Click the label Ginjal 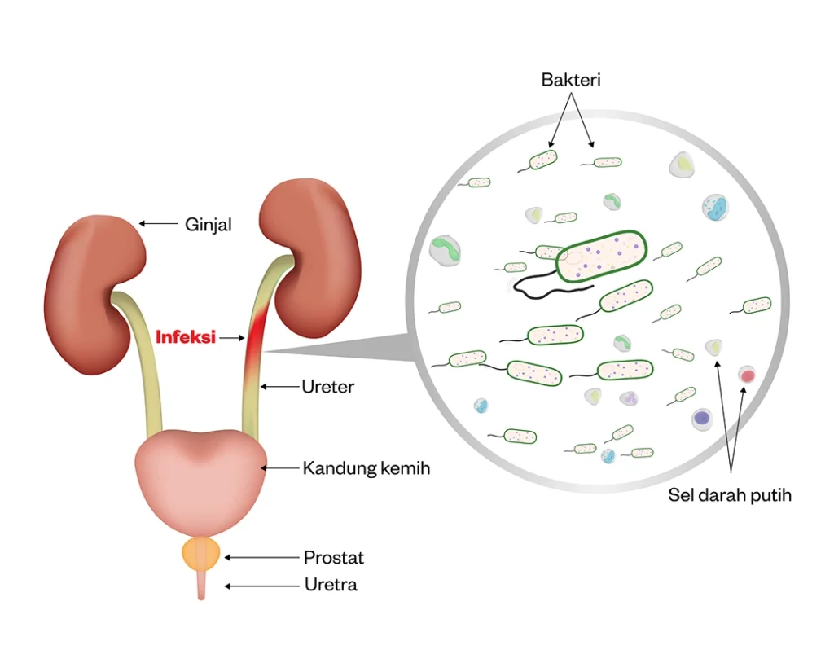click(x=208, y=224)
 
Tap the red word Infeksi click(x=185, y=336)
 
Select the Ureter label click(x=327, y=387)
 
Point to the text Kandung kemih click(x=366, y=468)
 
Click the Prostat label click(x=333, y=558)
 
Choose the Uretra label click(x=331, y=585)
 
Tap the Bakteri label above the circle click(x=571, y=80)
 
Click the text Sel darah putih click(x=730, y=494)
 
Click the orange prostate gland click(x=200, y=554)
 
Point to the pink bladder click(x=200, y=476)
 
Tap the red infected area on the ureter click(x=257, y=334)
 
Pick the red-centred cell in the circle click(x=746, y=375)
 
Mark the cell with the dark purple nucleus click(x=701, y=419)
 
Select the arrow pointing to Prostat click(x=261, y=558)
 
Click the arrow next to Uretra click(x=261, y=586)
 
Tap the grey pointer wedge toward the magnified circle click(x=342, y=350)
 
